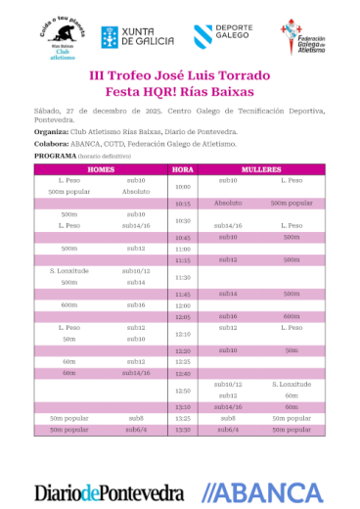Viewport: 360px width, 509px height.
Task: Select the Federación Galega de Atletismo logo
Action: [x=303, y=36]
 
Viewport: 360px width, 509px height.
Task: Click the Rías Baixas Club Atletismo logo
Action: [x=62, y=38]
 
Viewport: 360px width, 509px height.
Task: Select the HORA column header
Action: [x=183, y=169]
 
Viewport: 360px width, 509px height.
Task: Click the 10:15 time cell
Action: [x=183, y=204]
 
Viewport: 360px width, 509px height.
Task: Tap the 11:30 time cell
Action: [x=183, y=278]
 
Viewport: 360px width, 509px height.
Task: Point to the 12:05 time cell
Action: [x=183, y=317]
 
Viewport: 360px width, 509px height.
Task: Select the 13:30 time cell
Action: [x=183, y=429]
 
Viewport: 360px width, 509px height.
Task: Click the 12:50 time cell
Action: [x=183, y=391]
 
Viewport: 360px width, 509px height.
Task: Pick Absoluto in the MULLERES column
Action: [x=229, y=204]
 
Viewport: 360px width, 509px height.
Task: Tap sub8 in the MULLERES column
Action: [x=229, y=418]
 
